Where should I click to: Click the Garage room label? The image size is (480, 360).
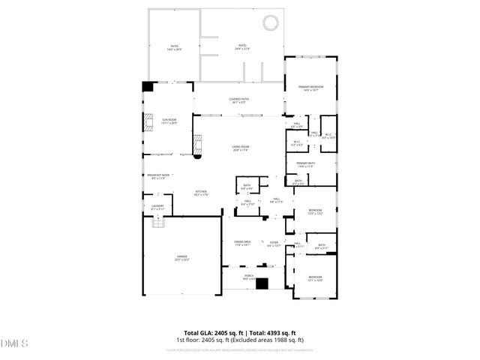182,257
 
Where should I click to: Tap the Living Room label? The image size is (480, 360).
240,148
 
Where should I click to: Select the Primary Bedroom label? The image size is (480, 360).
310,88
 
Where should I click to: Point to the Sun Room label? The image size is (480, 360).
169,120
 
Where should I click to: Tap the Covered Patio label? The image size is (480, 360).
240,100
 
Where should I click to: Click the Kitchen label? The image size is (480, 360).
202,193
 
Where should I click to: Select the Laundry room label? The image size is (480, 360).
157,207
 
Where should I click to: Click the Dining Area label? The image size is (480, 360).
242,243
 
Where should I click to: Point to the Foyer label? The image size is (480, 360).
274,244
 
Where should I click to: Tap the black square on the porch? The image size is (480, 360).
262,283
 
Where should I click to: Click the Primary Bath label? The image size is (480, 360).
304,165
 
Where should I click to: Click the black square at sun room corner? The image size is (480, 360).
147,86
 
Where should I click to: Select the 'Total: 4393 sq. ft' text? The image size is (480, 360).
271,333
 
